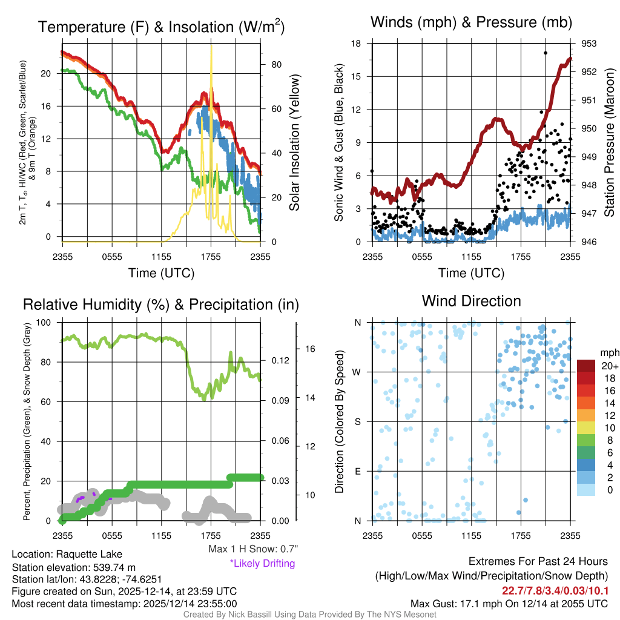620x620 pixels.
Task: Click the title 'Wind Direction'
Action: (471, 301)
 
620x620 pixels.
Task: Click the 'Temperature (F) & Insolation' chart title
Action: (161, 27)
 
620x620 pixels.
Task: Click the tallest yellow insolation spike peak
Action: (211, 47)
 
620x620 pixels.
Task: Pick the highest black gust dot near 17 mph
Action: (546, 53)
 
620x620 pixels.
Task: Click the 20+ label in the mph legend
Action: (609, 366)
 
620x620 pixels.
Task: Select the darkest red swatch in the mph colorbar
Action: (586, 365)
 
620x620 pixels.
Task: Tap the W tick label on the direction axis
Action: (358, 372)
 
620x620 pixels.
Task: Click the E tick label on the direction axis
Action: (358, 471)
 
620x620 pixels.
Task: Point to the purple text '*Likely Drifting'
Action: (262, 563)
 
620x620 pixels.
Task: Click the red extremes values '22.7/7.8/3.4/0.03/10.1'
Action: (555, 590)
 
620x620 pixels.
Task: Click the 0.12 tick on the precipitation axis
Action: (280, 360)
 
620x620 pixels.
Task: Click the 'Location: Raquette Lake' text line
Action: (67, 554)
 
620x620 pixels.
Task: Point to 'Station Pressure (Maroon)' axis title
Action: (610, 143)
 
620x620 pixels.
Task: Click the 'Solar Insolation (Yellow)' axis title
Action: (295, 143)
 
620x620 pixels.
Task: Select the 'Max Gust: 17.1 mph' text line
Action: (509, 603)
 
